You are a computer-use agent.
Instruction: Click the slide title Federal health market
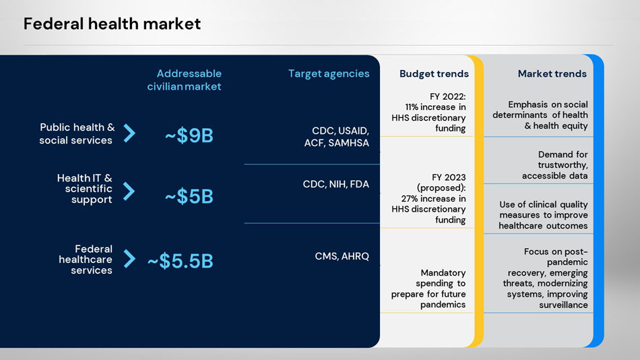point(112,24)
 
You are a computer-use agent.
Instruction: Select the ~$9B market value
point(189,136)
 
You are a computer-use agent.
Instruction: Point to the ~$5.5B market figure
point(180,261)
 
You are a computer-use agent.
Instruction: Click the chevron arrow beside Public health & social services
point(130,133)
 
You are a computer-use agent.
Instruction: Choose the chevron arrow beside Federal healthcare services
point(130,259)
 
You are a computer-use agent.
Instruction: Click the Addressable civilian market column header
point(185,80)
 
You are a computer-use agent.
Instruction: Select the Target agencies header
point(329,73)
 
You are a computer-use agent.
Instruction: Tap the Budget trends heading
point(434,73)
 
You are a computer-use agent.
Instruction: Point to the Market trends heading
point(552,73)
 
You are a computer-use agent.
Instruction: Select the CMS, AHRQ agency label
point(342,256)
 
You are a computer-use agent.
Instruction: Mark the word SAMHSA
point(348,143)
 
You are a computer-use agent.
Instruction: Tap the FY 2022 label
point(447,96)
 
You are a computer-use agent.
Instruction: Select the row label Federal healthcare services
point(86,260)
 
